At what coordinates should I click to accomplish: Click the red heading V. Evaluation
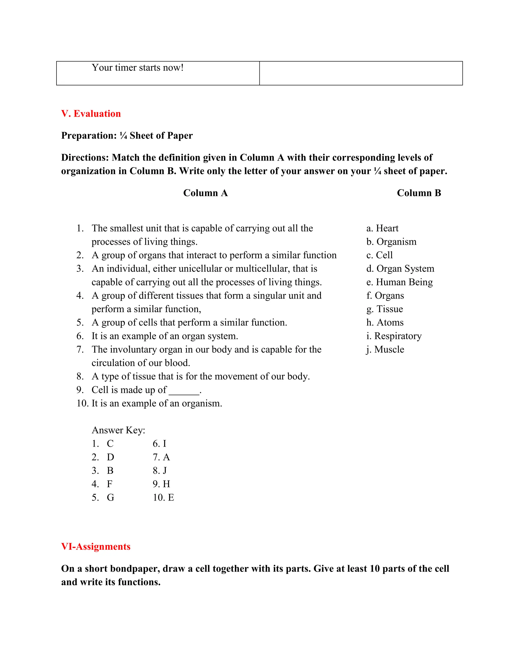91,114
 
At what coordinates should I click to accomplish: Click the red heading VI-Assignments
96,546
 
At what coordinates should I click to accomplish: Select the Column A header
205,193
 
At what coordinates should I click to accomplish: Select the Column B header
419,193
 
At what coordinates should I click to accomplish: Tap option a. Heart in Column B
382,228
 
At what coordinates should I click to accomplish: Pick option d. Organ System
400,269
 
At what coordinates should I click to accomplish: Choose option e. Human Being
399,282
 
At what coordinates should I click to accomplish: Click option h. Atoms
385,323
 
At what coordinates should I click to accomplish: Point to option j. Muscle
385,349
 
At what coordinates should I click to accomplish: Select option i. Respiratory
394,336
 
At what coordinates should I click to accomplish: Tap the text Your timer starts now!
137,68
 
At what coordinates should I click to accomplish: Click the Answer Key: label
118,430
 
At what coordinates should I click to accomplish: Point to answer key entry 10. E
163,498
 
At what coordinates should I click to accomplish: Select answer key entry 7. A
161,457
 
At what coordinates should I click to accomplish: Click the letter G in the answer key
110,498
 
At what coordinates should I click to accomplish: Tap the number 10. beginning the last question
82,403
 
